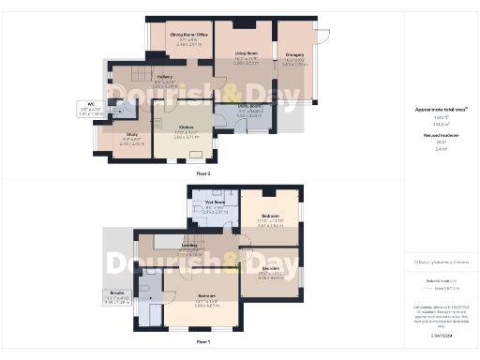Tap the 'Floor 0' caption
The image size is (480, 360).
[203, 173]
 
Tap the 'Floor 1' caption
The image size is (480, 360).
[202, 342]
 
